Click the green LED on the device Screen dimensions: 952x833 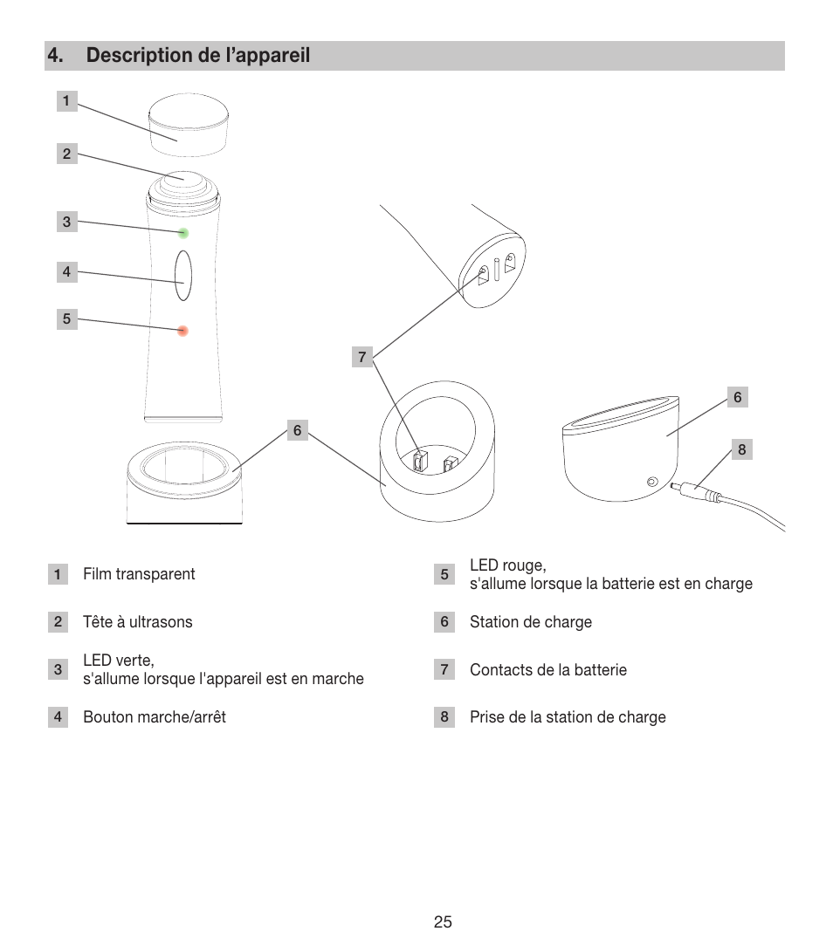point(183,233)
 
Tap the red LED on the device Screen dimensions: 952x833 point(183,331)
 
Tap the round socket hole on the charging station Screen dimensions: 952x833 point(651,481)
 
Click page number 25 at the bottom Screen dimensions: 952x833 point(443,922)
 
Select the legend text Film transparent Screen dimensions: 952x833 point(139,574)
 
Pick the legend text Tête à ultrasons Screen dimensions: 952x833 point(138,622)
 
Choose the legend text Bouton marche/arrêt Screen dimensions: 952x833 point(155,717)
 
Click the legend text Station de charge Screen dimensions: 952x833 point(531,622)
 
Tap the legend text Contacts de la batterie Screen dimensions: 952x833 point(548,670)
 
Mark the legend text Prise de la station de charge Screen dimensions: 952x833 point(568,717)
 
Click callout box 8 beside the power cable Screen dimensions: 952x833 point(742,450)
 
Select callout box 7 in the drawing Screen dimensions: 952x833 point(362,357)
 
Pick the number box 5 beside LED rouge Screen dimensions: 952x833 point(444,574)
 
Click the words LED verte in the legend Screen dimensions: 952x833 point(119,661)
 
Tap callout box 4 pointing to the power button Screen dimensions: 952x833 point(66,271)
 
